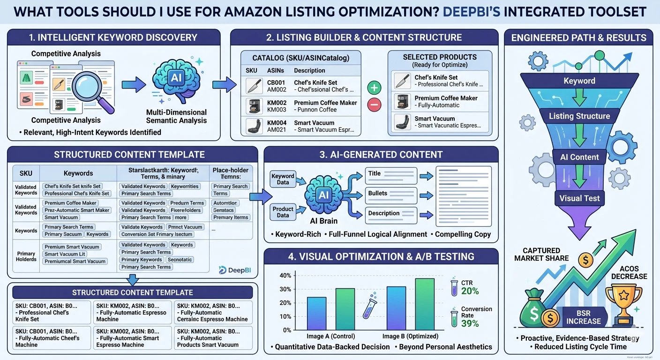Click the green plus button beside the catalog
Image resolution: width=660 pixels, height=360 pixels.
pos(375,88)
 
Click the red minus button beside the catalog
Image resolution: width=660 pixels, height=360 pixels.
pos(375,105)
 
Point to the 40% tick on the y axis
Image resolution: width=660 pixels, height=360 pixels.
pos(285,275)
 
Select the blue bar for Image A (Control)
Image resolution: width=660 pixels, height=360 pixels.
pos(317,314)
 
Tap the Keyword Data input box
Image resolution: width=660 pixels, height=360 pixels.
pos(283,179)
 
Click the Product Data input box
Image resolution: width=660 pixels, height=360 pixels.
pos(283,212)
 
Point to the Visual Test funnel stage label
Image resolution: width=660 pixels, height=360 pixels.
pos(579,198)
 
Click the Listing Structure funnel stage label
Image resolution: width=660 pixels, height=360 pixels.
pos(579,116)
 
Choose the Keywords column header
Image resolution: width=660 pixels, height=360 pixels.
pos(78,173)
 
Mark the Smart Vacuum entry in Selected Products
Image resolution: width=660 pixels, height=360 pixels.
pos(441,122)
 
